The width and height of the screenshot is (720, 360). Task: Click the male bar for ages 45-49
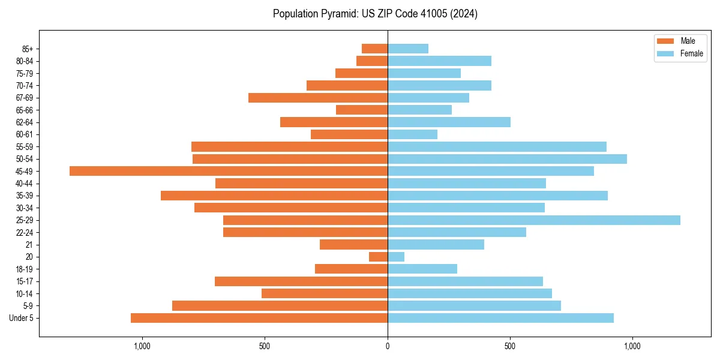coord(229,171)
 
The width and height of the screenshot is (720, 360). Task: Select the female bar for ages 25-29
coord(534,220)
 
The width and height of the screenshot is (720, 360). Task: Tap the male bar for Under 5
coord(259,318)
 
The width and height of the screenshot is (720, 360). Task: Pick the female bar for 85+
coord(408,49)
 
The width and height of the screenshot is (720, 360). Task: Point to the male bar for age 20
coord(378,257)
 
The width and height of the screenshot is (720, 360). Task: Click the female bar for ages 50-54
coord(507,159)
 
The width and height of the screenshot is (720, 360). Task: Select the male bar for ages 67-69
coord(318,98)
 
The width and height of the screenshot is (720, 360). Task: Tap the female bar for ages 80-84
coord(439,61)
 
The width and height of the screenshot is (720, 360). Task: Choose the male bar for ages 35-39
coord(274,196)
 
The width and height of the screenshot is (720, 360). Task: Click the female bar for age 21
coord(436,245)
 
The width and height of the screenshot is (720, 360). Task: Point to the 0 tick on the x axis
coord(388,346)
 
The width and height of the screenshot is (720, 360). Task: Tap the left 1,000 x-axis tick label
coord(142,346)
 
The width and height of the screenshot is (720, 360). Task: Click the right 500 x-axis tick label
coord(510,346)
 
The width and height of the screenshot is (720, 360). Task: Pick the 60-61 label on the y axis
coord(25,134)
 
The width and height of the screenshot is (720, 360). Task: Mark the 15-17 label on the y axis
coord(25,281)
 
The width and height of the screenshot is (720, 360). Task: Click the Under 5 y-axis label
coord(22,318)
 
